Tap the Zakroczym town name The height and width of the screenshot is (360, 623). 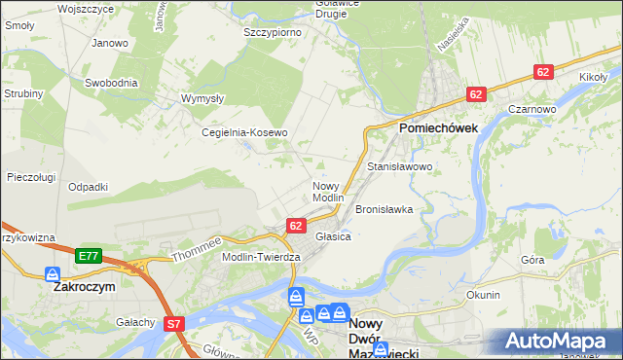[x=85, y=288]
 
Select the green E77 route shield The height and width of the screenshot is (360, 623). [x=89, y=256]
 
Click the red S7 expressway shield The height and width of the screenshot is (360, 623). [x=174, y=323]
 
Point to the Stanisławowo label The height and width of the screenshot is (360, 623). [x=399, y=167]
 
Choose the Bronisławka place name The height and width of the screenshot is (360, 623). [x=385, y=209]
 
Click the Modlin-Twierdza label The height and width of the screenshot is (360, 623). [x=261, y=256]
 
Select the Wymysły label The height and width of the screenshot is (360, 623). [x=203, y=99]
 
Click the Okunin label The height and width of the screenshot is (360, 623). [x=483, y=295]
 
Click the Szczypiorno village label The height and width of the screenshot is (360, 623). [x=272, y=32]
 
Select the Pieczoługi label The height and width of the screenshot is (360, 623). [x=30, y=177]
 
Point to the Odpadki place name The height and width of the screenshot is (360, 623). [x=88, y=187]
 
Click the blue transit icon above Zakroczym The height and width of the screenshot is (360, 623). [x=53, y=275]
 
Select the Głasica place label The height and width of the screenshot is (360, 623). [x=333, y=236]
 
